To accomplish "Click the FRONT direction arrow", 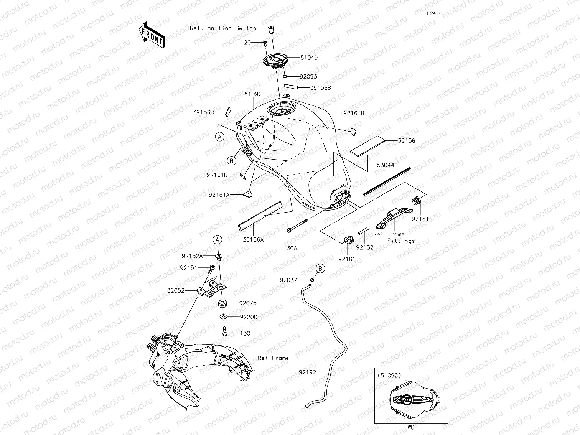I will coord(153,35).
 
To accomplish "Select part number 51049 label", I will coord(309,58).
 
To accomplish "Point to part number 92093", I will coord(308,77).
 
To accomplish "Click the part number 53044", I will coord(386,165).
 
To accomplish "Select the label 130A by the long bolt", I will coord(290,248).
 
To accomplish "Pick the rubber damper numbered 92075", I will coord(222,304).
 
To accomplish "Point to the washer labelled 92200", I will coord(222,317).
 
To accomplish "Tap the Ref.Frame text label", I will coord(273,358).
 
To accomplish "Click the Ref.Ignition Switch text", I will coord(223,28).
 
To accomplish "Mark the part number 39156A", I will coord(254,239).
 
